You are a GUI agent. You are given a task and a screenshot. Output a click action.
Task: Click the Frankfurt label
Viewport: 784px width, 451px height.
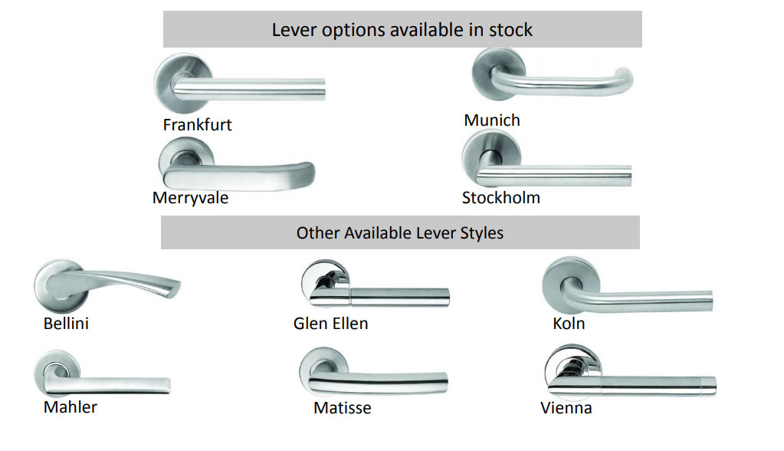pos(197,124)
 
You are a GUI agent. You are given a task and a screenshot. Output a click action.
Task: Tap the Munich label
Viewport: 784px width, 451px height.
pos(492,120)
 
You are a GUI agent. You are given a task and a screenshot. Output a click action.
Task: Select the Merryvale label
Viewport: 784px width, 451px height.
pos(190,198)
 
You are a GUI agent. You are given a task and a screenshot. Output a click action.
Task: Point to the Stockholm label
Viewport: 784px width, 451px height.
pos(500,198)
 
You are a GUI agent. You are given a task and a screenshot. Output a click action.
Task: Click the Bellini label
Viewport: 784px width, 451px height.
pos(66,324)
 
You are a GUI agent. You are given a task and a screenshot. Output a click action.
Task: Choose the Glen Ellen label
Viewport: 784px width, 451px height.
pos(330,324)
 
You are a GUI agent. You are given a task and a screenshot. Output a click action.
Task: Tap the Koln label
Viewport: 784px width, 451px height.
pos(569,324)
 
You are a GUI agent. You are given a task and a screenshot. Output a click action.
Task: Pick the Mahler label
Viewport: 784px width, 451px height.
pos(71,407)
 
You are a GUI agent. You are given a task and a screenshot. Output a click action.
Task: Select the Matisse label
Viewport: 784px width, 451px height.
pos(342,408)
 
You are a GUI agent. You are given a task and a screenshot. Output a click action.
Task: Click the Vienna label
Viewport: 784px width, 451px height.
pos(566,408)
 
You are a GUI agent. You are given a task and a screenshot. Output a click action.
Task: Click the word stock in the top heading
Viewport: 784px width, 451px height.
pos(510,30)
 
